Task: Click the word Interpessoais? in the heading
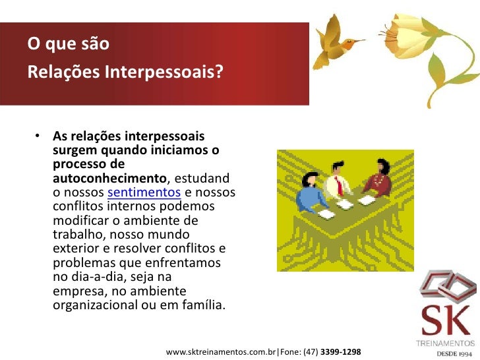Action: pos(159,72)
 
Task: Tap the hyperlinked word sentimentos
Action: pos(144,193)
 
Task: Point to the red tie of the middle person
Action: pos(339,186)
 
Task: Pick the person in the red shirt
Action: pos(375,182)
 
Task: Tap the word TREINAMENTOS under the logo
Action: pos(446,343)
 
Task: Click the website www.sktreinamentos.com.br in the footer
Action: pos(222,351)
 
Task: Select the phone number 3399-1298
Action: pos(340,351)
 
